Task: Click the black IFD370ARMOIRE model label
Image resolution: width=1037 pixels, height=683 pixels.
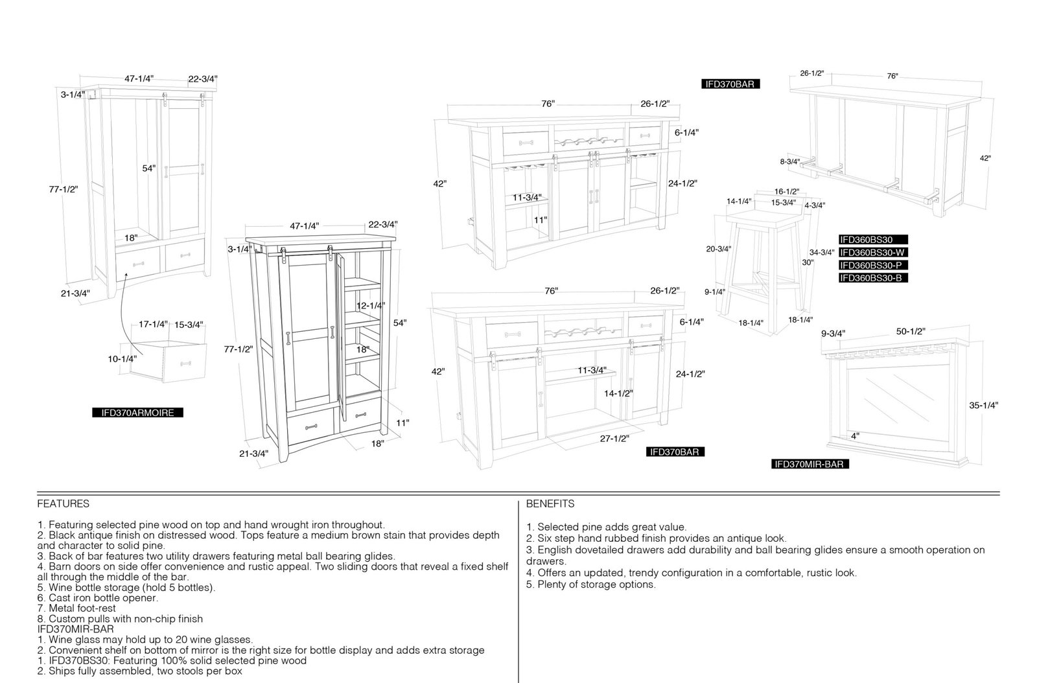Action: [x=137, y=412]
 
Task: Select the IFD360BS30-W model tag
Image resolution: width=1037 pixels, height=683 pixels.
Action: [x=872, y=252]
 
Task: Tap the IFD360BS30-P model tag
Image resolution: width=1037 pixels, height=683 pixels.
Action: [x=872, y=265]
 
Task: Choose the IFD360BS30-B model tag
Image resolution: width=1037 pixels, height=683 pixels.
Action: [x=872, y=277]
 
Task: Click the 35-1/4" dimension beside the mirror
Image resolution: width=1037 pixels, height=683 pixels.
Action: [x=983, y=406]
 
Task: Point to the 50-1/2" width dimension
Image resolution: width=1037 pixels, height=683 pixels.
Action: [x=910, y=331]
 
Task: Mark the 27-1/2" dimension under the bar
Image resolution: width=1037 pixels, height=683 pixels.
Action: [x=614, y=438]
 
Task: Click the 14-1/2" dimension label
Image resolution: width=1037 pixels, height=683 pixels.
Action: [x=618, y=393]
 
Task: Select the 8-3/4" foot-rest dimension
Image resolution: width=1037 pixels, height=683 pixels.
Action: [x=790, y=161]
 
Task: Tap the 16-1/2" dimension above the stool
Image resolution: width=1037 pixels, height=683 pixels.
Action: [x=787, y=192]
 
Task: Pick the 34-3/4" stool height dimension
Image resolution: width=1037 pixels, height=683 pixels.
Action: [x=822, y=252]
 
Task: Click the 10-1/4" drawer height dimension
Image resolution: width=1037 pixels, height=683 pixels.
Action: [x=122, y=358]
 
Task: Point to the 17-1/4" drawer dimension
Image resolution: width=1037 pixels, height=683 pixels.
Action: [x=153, y=324]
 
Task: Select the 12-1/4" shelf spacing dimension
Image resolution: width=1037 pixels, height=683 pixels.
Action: [x=370, y=305]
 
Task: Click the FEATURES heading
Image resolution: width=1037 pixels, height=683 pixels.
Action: [x=64, y=504]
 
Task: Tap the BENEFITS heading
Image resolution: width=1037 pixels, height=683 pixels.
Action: [x=550, y=504]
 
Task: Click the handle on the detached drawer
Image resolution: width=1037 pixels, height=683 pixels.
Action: [x=185, y=364]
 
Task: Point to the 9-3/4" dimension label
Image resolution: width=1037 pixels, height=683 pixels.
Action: [x=833, y=333]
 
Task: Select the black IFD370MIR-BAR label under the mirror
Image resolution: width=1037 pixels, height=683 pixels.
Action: [x=810, y=464]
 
